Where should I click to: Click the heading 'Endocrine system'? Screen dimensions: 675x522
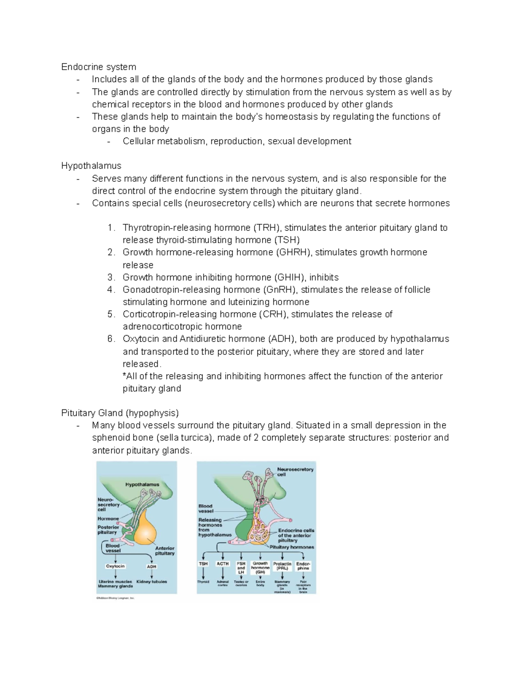point(98,67)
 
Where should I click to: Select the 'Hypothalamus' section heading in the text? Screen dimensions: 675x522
point(91,166)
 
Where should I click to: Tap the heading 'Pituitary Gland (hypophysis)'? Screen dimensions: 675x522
point(120,413)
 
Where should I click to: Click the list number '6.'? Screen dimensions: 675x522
point(111,339)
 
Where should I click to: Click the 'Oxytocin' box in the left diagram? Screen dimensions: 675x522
point(115,566)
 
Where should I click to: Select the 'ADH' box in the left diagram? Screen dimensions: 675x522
point(151,567)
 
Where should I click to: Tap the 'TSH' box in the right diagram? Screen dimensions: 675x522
point(203,564)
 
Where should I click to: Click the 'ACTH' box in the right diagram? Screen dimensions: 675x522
point(222,564)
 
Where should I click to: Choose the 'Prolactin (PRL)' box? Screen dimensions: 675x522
point(282,566)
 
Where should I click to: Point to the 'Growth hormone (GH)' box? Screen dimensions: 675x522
point(260,568)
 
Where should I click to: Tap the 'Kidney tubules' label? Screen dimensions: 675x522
point(151,582)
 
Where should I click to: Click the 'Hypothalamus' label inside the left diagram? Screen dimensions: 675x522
point(142,485)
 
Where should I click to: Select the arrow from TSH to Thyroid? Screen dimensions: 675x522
point(203,573)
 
